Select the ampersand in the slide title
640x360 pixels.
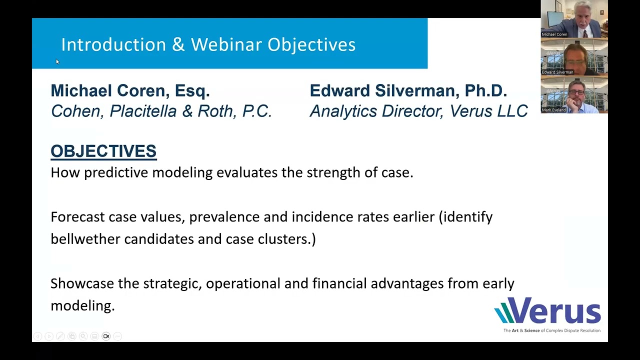click(x=178, y=44)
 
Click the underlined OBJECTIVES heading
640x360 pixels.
click(x=103, y=151)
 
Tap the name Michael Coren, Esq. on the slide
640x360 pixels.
click(x=130, y=91)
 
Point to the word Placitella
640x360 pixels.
click(x=143, y=111)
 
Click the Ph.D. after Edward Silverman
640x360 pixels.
click(x=486, y=90)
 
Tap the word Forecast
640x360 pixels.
click(x=77, y=217)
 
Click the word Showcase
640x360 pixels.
click(x=82, y=283)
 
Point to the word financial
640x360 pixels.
click(x=339, y=283)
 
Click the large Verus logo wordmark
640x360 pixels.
click(x=547, y=310)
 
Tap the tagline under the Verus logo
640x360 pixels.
click(x=552, y=330)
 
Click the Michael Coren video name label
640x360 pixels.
click(x=554, y=34)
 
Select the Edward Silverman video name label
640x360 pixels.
click(x=557, y=72)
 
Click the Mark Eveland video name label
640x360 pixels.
click(x=553, y=109)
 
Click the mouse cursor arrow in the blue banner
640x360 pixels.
click(x=57, y=61)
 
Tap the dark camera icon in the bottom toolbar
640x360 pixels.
click(x=106, y=336)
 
